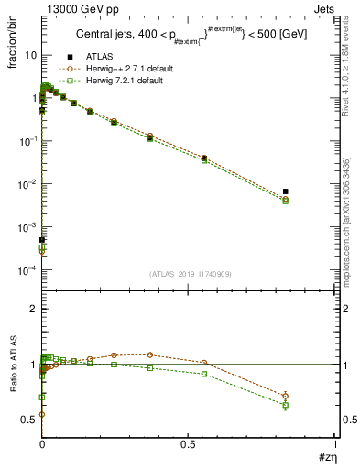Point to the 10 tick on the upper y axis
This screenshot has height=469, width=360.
click(x=30, y=55)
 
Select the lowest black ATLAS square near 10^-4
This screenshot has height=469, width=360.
click(x=42, y=240)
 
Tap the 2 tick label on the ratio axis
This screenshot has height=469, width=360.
click(x=33, y=310)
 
